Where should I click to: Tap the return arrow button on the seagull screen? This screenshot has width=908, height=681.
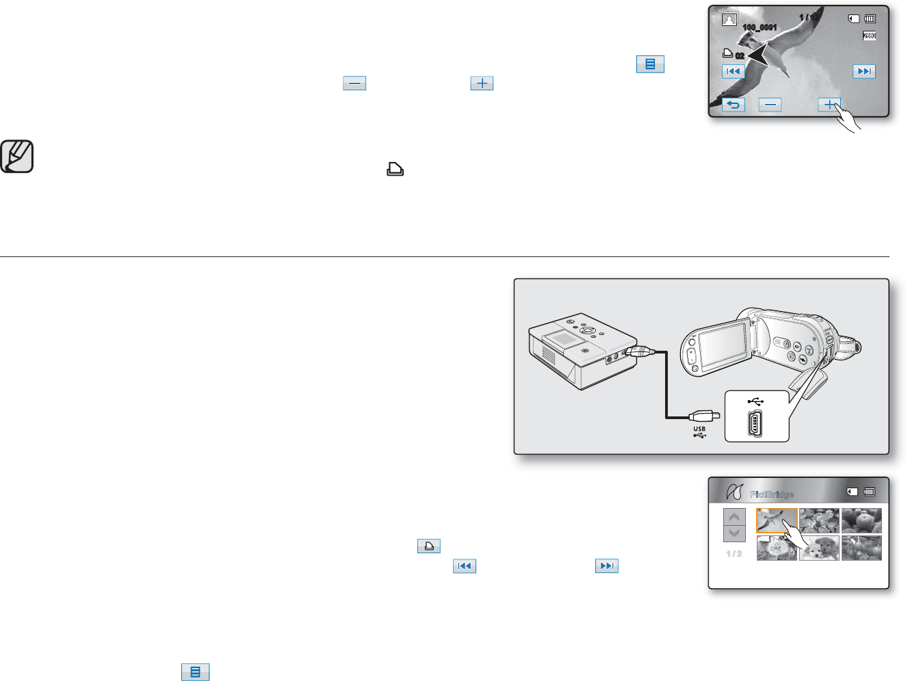(x=734, y=105)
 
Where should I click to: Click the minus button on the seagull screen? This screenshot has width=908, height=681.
(x=770, y=105)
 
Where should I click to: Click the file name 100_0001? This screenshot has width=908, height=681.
(x=760, y=27)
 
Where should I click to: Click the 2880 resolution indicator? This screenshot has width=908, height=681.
(x=869, y=36)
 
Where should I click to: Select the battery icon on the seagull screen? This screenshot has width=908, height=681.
(x=870, y=19)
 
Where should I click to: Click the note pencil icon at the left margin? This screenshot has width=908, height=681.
(x=17, y=157)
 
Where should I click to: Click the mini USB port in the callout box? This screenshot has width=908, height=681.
(x=756, y=425)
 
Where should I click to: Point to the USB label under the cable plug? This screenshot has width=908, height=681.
(x=699, y=429)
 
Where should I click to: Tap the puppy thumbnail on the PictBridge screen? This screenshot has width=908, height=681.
(x=819, y=548)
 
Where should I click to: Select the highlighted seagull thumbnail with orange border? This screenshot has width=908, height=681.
(x=777, y=520)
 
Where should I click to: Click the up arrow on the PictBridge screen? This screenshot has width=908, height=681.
(x=734, y=517)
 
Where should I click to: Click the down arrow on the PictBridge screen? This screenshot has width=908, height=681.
(x=734, y=533)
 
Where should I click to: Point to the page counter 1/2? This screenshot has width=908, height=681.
(x=734, y=554)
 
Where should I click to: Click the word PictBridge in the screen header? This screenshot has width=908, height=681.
(x=772, y=494)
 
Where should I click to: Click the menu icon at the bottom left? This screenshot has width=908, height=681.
(x=195, y=672)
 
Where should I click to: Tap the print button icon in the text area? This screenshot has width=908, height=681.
(x=429, y=546)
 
